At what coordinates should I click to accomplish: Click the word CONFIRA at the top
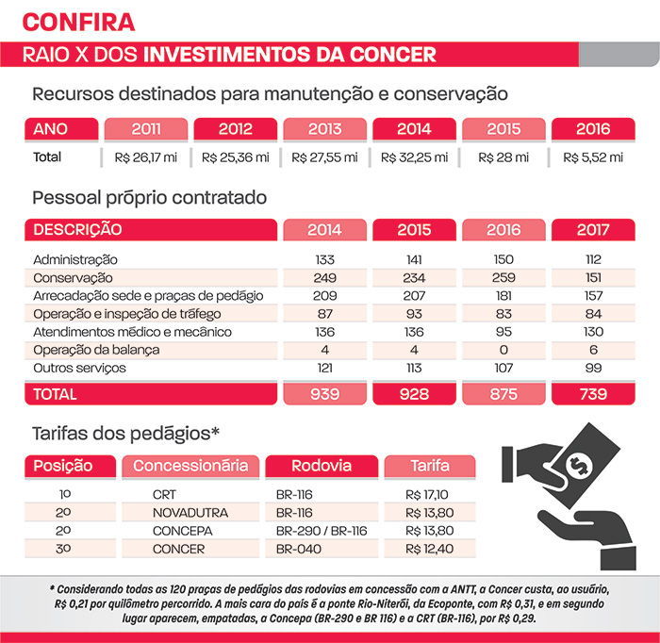pyautogui.click(x=78, y=22)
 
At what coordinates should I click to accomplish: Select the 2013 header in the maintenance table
pyautogui.click(x=324, y=129)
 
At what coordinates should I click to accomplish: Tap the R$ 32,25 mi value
pyautogui.click(x=414, y=157)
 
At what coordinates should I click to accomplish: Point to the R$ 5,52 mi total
pyautogui.click(x=593, y=157)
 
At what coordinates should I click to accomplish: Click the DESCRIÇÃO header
pyautogui.click(x=77, y=229)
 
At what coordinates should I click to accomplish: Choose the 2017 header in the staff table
pyautogui.click(x=593, y=229)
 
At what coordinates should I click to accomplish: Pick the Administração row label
pyautogui.click(x=75, y=259)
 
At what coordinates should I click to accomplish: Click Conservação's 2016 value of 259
pyautogui.click(x=503, y=278)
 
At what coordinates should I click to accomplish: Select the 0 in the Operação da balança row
pyautogui.click(x=503, y=350)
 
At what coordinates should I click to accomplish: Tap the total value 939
pyautogui.click(x=324, y=394)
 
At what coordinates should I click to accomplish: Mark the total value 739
pyautogui.click(x=593, y=394)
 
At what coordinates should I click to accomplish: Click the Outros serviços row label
pyautogui.click(x=79, y=369)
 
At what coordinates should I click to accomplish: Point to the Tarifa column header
pyautogui.click(x=430, y=466)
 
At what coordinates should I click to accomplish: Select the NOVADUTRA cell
pyautogui.click(x=190, y=513)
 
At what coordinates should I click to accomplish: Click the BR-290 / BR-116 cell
pyautogui.click(x=322, y=531)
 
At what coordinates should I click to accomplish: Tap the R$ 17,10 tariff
pyautogui.click(x=427, y=494)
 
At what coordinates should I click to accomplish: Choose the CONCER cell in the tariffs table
pyautogui.click(x=178, y=549)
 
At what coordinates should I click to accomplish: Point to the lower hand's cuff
pyautogui.click(x=618, y=558)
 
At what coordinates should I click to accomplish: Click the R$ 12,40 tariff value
pyautogui.click(x=429, y=549)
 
